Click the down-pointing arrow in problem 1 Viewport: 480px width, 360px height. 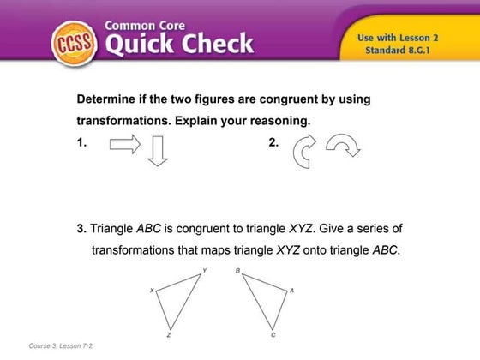point(156,151)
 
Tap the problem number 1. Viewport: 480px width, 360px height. point(81,144)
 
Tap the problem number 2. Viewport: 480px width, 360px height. point(273,144)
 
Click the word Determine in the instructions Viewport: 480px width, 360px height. point(109,99)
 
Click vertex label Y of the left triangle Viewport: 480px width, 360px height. point(204,271)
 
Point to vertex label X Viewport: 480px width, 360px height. point(152,291)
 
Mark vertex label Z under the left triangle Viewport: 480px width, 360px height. point(169,335)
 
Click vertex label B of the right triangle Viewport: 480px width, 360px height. point(237,271)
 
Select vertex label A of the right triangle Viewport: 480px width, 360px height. point(292,291)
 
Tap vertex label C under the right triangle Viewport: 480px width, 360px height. point(273,335)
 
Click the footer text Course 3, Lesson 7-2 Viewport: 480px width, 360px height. point(61,345)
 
